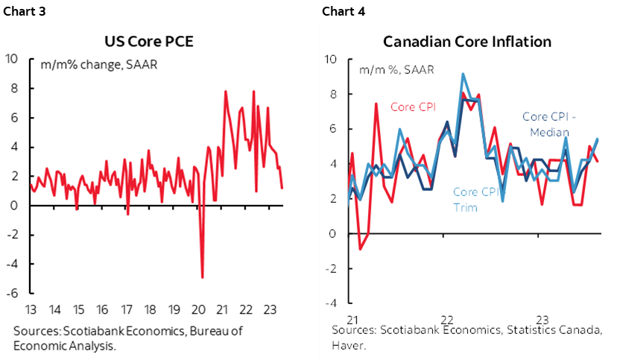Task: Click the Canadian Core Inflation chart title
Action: click(467, 41)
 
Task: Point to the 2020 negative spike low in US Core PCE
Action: click(202, 277)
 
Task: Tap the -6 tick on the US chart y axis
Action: click(13, 294)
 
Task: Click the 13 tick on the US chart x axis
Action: click(30, 309)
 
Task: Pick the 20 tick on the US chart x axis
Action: click(197, 309)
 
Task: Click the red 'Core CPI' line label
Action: click(414, 106)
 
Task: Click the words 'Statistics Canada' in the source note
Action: click(562, 329)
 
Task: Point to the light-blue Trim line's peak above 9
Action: click(463, 74)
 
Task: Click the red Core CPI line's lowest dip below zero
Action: click(360, 249)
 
